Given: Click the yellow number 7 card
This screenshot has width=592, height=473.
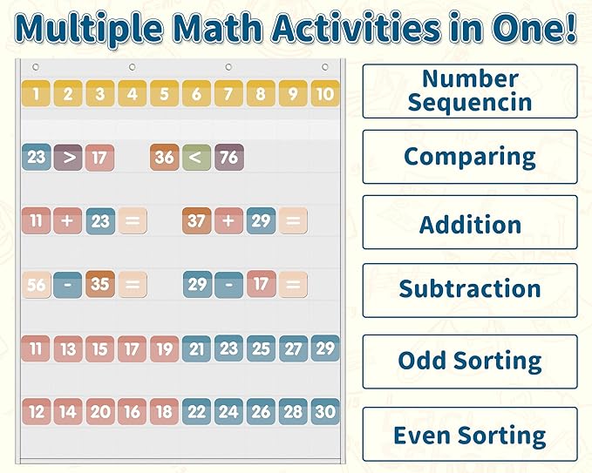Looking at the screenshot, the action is pyautogui.click(x=228, y=93).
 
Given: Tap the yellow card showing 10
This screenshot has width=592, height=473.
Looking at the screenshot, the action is pyautogui.click(x=325, y=93).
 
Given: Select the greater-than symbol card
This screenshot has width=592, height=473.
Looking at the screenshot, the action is pyautogui.click(x=68, y=158).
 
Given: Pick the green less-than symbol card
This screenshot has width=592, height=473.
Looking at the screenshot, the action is pyautogui.click(x=196, y=158).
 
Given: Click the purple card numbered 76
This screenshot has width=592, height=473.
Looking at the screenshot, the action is pyautogui.click(x=228, y=157).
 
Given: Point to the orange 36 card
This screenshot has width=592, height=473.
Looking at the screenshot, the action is pyautogui.click(x=164, y=158).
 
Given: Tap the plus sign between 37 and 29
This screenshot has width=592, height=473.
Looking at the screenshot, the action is pyautogui.click(x=228, y=220).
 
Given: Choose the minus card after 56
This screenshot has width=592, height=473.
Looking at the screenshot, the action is pyautogui.click(x=68, y=285).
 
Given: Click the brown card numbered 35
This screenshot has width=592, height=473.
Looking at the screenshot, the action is pyautogui.click(x=100, y=284).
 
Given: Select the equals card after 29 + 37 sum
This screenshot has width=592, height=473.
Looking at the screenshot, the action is pyautogui.click(x=293, y=220).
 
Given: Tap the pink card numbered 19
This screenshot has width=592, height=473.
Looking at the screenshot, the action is pyautogui.click(x=164, y=349).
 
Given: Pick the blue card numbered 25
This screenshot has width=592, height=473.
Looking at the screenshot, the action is pyautogui.click(x=261, y=349).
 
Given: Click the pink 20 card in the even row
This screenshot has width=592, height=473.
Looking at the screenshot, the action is pyautogui.click(x=100, y=411).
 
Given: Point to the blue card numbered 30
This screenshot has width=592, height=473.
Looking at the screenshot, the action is pyautogui.click(x=325, y=411).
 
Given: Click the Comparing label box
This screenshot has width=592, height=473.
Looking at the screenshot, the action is pyautogui.click(x=470, y=157).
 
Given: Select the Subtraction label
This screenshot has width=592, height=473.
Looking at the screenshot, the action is pyautogui.click(x=470, y=290).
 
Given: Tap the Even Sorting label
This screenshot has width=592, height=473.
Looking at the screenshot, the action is pyautogui.click(x=470, y=434).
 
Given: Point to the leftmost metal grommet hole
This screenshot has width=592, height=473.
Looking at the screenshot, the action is pyautogui.click(x=36, y=67).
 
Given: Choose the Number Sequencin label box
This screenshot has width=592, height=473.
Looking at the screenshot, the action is pyautogui.click(x=470, y=91).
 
